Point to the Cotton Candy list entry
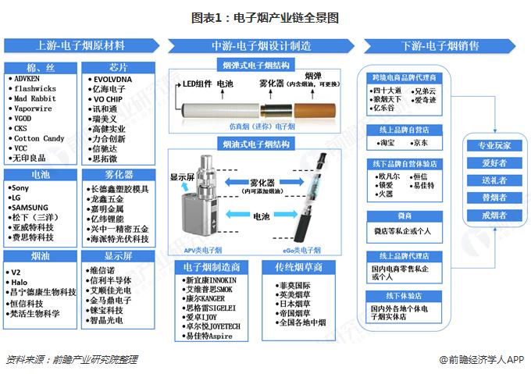pyautogui.click(x=39, y=138)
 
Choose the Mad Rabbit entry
pyautogui.click(x=35, y=99)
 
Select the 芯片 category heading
pyautogui.click(x=119, y=66)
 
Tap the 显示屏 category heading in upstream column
pyautogui.click(x=119, y=255)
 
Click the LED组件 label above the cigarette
pyautogui.click(x=198, y=84)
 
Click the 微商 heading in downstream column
pyautogui.click(x=404, y=215)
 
